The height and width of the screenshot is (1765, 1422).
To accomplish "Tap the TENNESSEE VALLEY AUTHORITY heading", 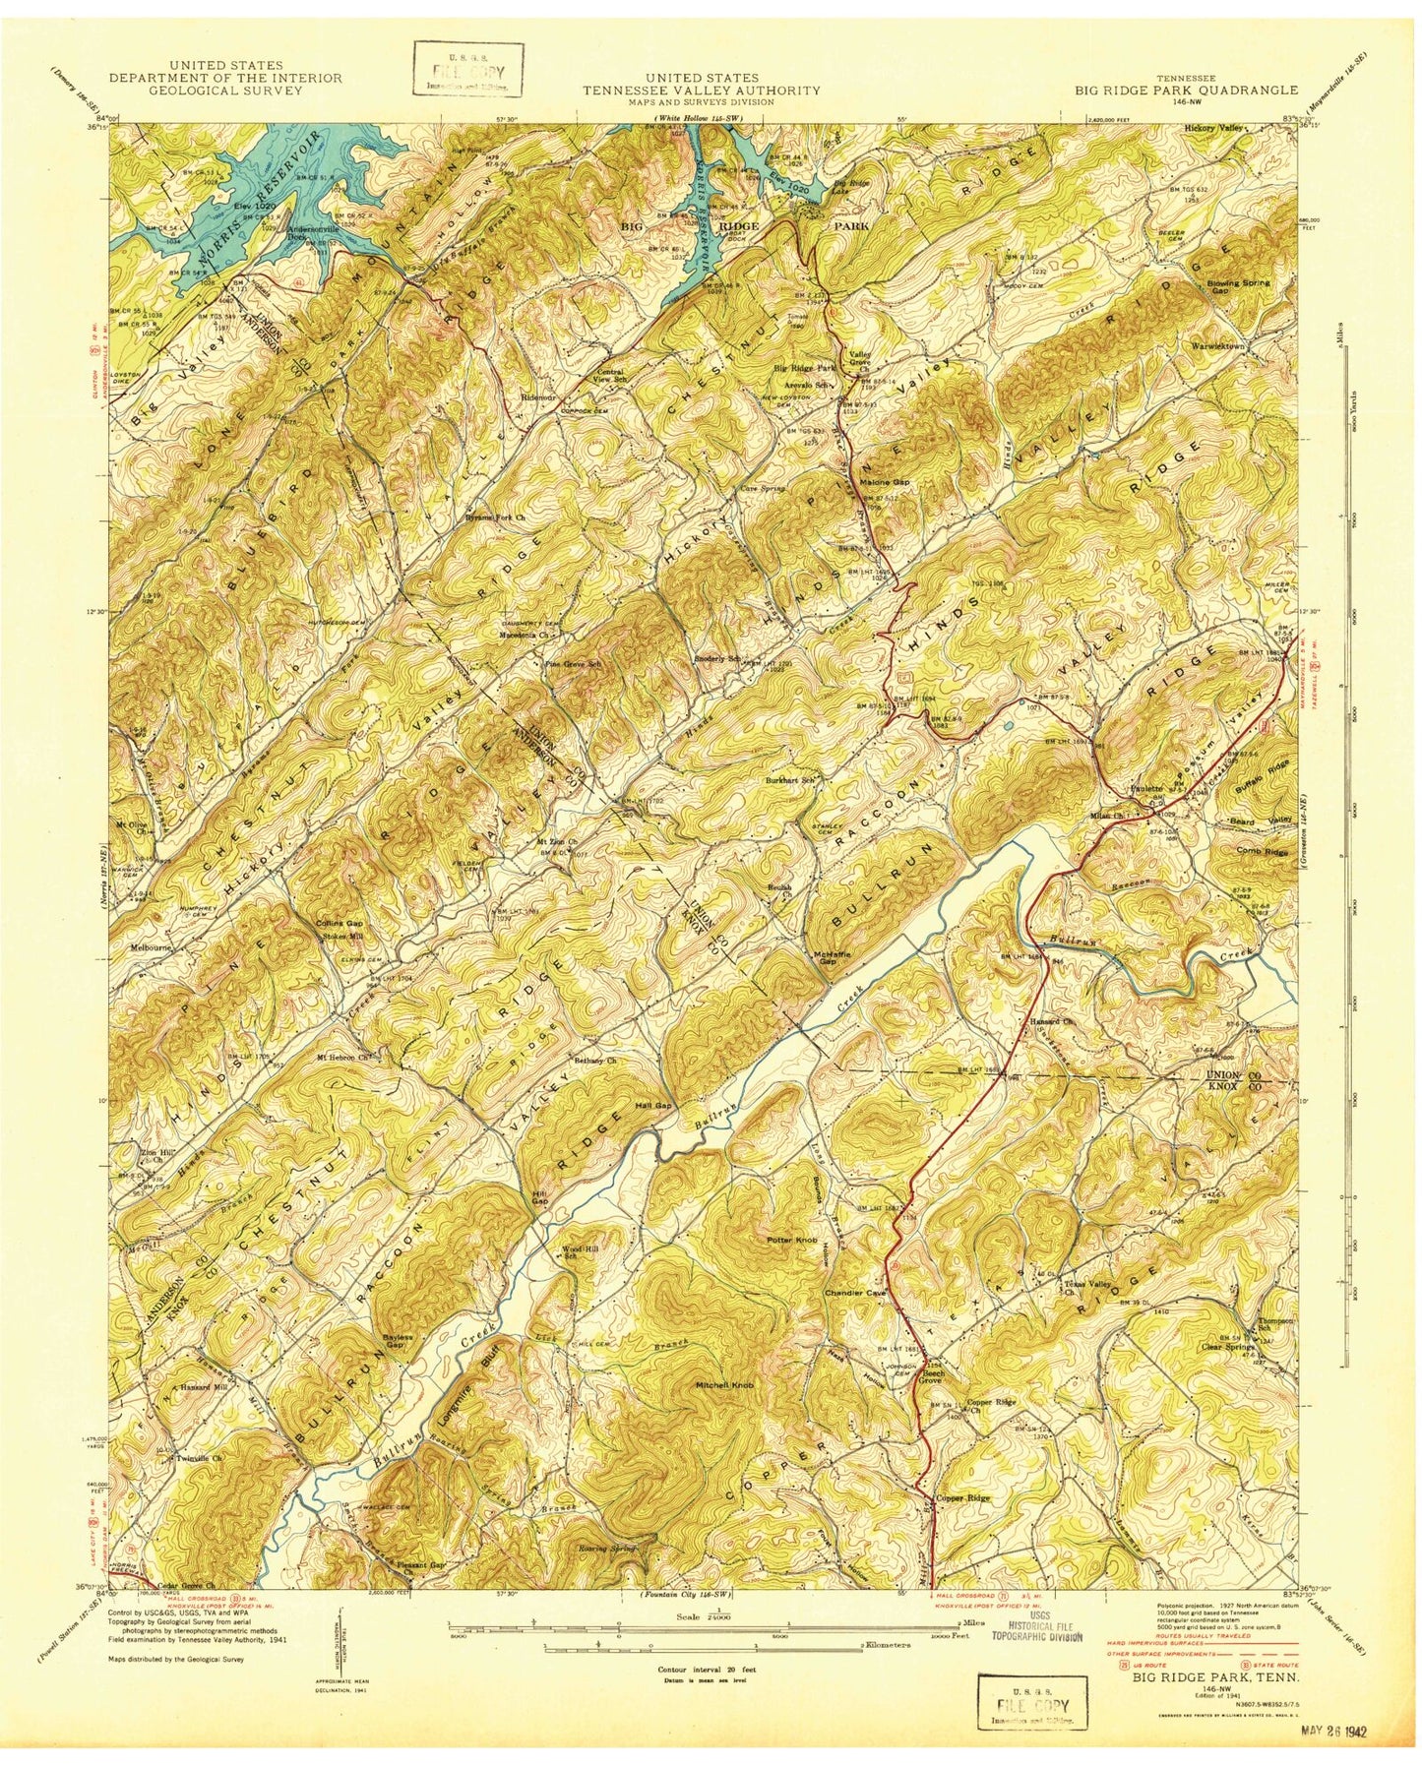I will pyautogui.click(x=700, y=90).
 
